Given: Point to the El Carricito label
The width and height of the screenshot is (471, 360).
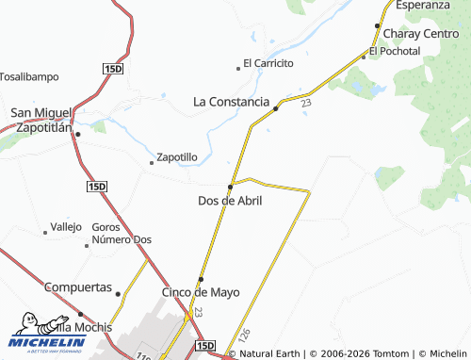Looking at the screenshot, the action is (x=269, y=63).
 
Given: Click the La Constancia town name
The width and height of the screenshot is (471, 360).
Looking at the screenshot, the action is (x=232, y=100).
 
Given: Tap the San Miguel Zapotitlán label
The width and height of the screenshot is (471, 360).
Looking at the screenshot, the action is (x=41, y=120).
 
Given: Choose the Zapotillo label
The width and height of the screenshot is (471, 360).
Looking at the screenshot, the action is (x=176, y=157).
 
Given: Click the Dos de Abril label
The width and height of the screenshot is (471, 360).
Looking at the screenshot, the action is (x=230, y=201).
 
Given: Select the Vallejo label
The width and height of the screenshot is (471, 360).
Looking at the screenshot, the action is (x=66, y=227).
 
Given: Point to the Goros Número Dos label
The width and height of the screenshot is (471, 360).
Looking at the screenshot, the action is (x=122, y=234).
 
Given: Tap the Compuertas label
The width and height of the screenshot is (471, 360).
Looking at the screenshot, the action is (x=78, y=287).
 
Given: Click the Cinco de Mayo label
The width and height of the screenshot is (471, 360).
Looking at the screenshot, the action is (x=198, y=292).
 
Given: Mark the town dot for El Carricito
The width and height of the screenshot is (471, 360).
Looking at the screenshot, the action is (x=237, y=68).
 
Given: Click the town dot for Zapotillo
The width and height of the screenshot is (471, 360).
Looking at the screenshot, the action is (x=151, y=163).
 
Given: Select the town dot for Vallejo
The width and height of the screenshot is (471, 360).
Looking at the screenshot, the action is (x=45, y=232).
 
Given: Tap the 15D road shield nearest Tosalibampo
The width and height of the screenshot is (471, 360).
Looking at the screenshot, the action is (x=112, y=69).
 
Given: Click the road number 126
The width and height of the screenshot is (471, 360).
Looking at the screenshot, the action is (x=245, y=335).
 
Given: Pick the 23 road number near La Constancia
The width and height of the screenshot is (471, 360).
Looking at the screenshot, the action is (x=307, y=104).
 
